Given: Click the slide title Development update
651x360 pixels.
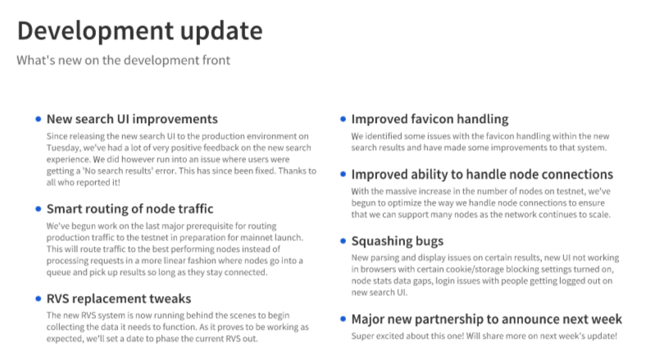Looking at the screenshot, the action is tap(140, 31).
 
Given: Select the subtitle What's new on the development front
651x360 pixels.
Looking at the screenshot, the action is tap(123, 60).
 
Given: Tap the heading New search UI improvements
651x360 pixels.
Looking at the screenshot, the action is tap(132, 119).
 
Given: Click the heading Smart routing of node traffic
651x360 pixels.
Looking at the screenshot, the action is tap(130, 209).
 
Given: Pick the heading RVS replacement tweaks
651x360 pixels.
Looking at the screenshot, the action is tap(119, 298).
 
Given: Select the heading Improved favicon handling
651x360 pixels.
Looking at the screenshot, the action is tap(430, 119).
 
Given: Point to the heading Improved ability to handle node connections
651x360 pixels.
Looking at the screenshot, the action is tap(482, 175).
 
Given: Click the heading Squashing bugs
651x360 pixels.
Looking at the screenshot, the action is tap(398, 241).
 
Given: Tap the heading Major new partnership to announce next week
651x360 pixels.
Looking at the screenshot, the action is tap(486, 319).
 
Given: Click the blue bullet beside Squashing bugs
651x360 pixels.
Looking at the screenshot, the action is tap(343, 241).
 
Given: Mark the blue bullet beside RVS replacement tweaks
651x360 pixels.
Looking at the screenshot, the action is tap(39, 298).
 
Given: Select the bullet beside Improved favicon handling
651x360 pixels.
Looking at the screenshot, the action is tap(343, 119).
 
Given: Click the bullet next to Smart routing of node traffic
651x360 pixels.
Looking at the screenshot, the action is tap(39, 209).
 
